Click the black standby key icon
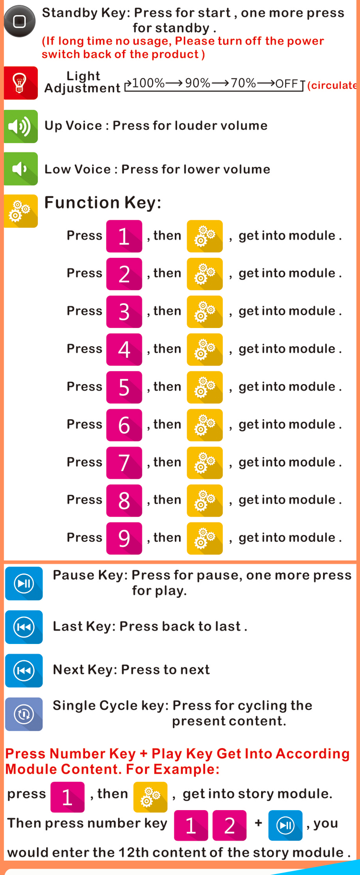[20, 21]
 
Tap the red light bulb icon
[20, 83]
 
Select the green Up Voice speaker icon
[21, 126]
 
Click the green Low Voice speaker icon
[21, 169]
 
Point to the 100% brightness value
[148, 83]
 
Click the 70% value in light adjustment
[243, 83]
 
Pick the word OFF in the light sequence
[287, 84]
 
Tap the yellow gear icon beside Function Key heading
[21, 211]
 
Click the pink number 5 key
[124, 387]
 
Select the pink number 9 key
[124, 538]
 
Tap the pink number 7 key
[124, 463]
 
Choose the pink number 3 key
[124, 312]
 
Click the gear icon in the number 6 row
[205, 425]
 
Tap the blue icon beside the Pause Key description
[24, 583]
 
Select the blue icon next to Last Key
[24, 627]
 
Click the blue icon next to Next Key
[24, 670]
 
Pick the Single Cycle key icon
[24, 714]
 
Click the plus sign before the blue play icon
[258, 823]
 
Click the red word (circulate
[332, 85]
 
